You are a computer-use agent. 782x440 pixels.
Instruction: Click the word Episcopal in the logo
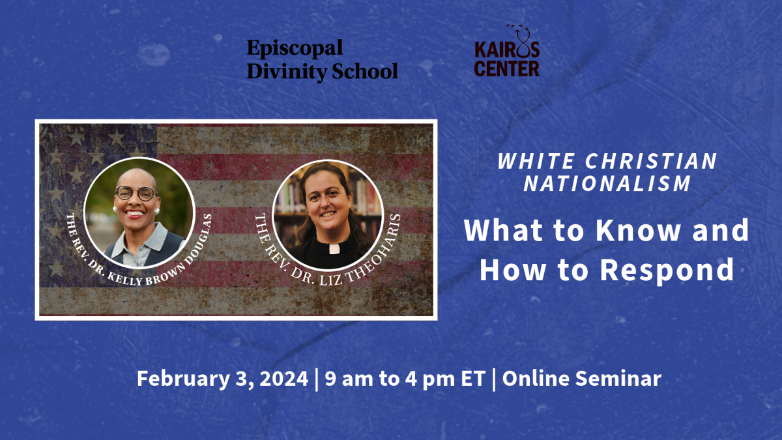(x=295, y=49)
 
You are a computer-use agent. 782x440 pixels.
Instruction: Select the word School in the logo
(x=365, y=71)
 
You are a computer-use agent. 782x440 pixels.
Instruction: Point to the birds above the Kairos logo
(x=516, y=27)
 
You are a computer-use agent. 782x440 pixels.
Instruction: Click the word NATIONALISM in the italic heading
(x=607, y=183)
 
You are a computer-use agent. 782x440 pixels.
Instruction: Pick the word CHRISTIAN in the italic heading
(x=651, y=161)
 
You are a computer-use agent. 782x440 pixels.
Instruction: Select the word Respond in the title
(x=667, y=270)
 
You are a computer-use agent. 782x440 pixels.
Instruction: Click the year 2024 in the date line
(x=283, y=378)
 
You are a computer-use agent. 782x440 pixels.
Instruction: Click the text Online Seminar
(x=581, y=378)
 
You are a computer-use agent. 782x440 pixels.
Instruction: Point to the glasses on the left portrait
(x=136, y=193)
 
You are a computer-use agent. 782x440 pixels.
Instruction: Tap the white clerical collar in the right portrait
(x=334, y=248)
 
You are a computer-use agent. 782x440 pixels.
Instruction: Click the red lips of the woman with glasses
(x=135, y=214)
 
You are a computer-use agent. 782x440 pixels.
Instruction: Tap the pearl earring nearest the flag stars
(x=114, y=209)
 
